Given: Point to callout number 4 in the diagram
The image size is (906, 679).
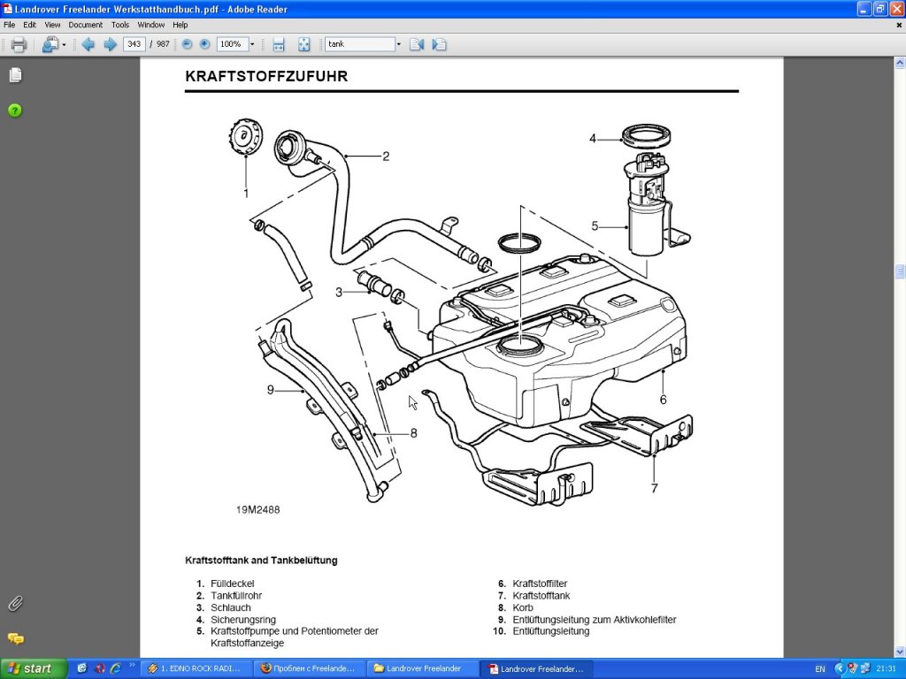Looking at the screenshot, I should [x=593, y=138].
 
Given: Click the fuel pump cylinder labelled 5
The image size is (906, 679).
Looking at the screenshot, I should [x=646, y=227].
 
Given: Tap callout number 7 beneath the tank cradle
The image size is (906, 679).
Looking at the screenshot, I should [x=654, y=487].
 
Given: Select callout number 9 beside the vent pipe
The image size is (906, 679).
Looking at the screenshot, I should [x=271, y=390].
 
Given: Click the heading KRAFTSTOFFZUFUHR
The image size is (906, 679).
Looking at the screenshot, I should [x=266, y=77].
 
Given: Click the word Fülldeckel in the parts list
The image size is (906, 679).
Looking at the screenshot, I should [x=232, y=584].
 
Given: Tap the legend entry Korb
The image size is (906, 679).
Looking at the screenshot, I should [x=522, y=608].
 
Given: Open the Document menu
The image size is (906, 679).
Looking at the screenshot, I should [x=86, y=25].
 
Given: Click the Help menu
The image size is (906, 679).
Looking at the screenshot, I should [x=180, y=25].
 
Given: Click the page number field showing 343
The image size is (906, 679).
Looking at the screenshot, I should [x=134, y=44].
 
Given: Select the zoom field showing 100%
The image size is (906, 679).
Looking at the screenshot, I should [x=232, y=44].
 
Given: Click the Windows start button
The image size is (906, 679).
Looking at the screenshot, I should [x=32, y=668].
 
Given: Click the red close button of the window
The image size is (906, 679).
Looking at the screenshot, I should [x=896, y=9].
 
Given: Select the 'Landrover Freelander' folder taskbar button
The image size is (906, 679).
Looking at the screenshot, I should [x=420, y=668].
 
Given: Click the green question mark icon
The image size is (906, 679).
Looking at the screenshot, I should [x=15, y=111].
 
